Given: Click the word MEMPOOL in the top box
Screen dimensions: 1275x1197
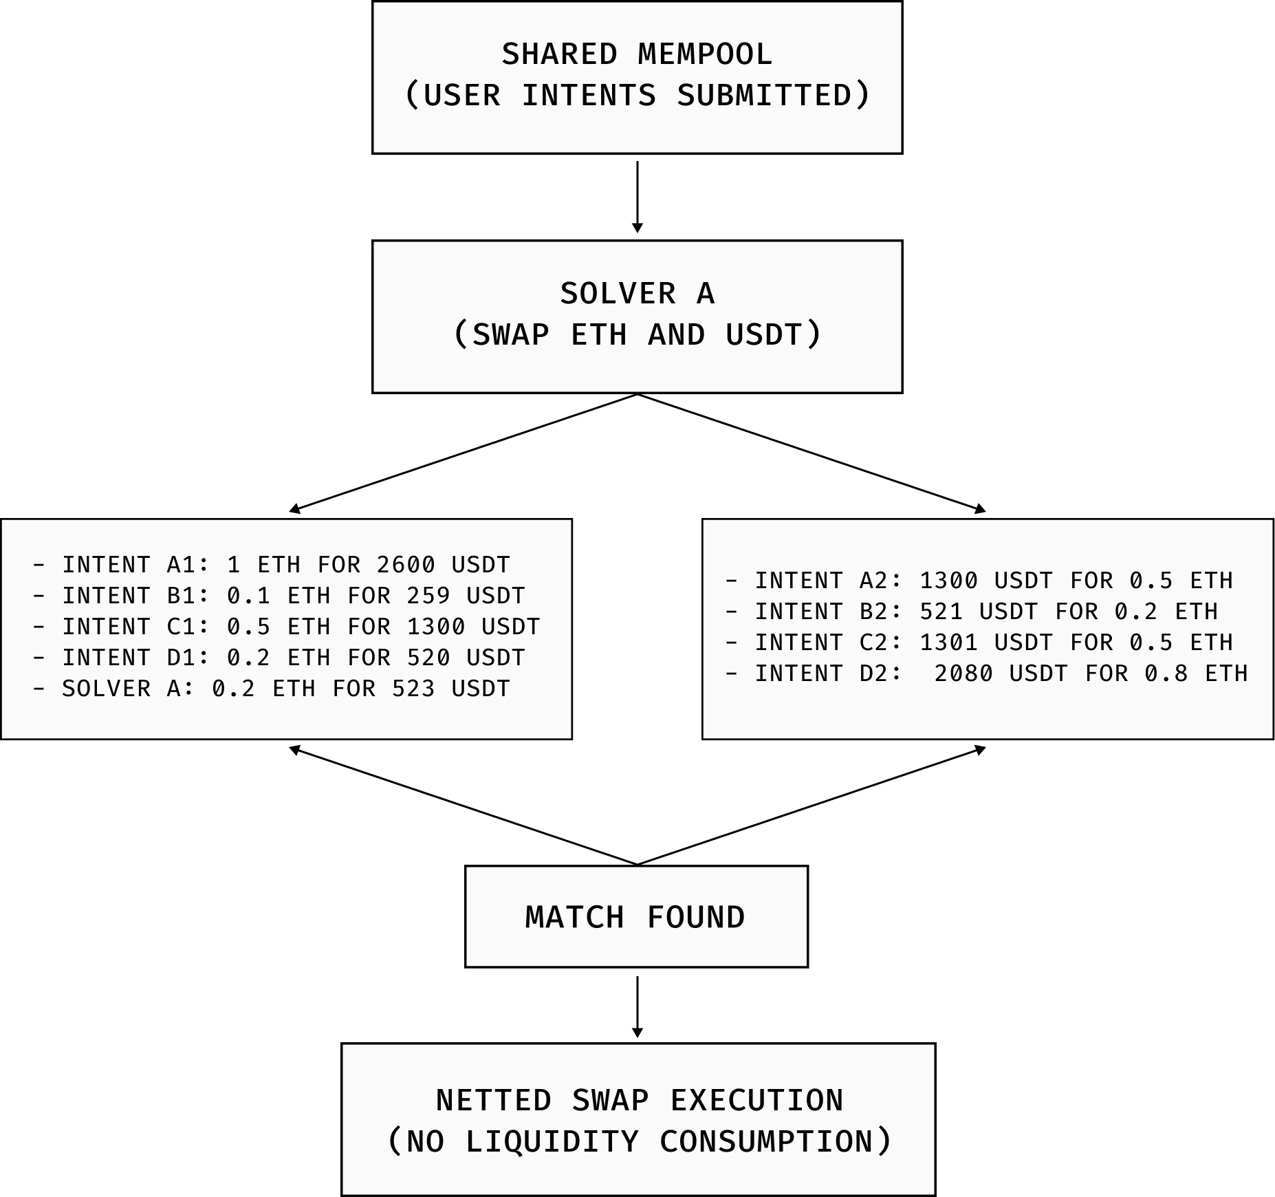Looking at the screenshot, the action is click(x=705, y=54).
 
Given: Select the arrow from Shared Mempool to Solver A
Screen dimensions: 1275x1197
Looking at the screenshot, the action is click(x=637, y=197).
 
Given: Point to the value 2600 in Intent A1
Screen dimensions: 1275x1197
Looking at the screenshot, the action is click(x=406, y=565).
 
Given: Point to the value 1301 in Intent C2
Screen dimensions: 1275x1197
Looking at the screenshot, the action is click(x=949, y=643).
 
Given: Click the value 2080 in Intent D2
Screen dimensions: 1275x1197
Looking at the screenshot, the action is click(x=963, y=673).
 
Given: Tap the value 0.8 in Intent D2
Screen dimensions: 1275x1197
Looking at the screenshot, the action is click(x=1166, y=673).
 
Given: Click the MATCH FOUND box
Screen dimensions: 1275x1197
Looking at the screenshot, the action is click(x=637, y=916).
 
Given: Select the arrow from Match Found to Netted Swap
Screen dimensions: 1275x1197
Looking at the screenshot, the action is click(x=637, y=1006).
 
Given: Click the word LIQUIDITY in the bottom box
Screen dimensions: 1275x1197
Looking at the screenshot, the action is click(x=552, y=1141).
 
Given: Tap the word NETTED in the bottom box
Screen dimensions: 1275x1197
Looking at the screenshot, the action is click(x=494, y=1100).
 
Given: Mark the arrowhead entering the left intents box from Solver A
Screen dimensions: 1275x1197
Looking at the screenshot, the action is click(x=294, y=509).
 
